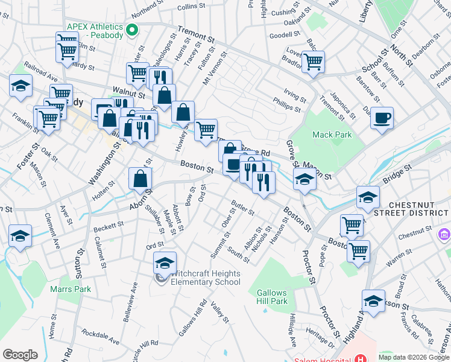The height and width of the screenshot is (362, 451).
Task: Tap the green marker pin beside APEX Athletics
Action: pos(133,29)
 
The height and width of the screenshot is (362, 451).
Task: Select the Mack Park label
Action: pos(332,135)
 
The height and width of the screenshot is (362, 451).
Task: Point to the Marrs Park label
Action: pos(75,289)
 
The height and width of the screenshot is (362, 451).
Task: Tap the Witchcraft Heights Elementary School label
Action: pos(206,278)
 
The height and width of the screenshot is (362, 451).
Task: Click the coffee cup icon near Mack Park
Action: pos(382,117)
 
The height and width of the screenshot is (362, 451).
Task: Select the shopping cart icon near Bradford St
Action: pos(313,61)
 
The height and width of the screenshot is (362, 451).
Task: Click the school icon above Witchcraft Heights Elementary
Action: pos(165,262)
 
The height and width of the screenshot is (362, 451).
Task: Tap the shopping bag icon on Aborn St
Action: pos(140,178)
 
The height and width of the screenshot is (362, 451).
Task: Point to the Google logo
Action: pos(20,355)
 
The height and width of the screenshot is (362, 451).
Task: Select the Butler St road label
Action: pos(242,208)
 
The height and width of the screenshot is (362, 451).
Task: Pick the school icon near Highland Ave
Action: pos(373,301)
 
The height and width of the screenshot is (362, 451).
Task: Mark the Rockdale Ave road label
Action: pos(94,332)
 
